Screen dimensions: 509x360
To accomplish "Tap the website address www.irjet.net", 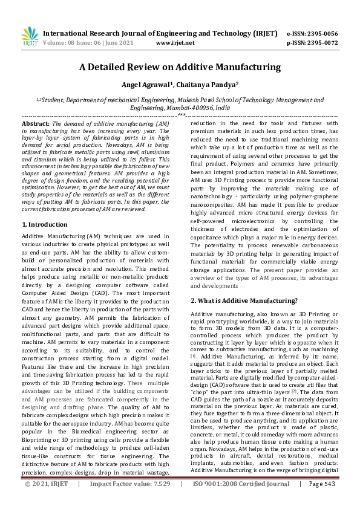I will pos(175,43).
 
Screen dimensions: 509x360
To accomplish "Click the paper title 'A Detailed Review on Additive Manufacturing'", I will pos(180,68).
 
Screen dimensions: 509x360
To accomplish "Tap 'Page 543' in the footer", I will pos(321,501).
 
